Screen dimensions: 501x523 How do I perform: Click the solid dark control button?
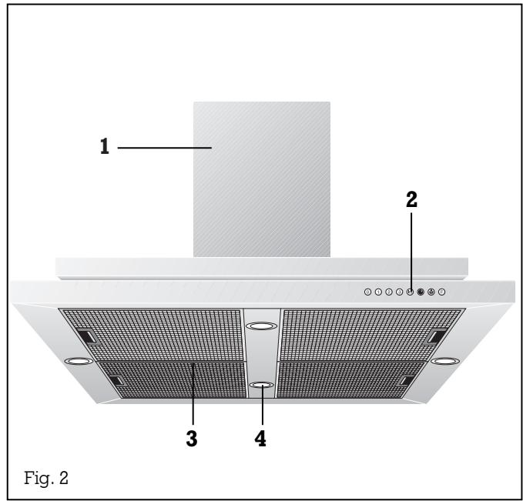tap(421, 292)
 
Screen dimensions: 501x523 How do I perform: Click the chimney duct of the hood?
tap(262, 177)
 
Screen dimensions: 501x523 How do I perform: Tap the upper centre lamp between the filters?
tap(262, 327)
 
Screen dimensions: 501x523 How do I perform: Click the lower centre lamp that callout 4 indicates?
tap(262, 385)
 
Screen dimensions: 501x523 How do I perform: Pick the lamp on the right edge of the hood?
tap(445, 361)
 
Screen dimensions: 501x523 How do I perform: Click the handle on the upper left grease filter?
tap(87, 336)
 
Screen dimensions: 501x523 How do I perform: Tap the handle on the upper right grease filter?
tap(437, 336)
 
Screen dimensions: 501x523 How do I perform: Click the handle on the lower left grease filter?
tap(116, 380)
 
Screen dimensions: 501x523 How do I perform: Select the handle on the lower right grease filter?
tap(406, 380)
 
